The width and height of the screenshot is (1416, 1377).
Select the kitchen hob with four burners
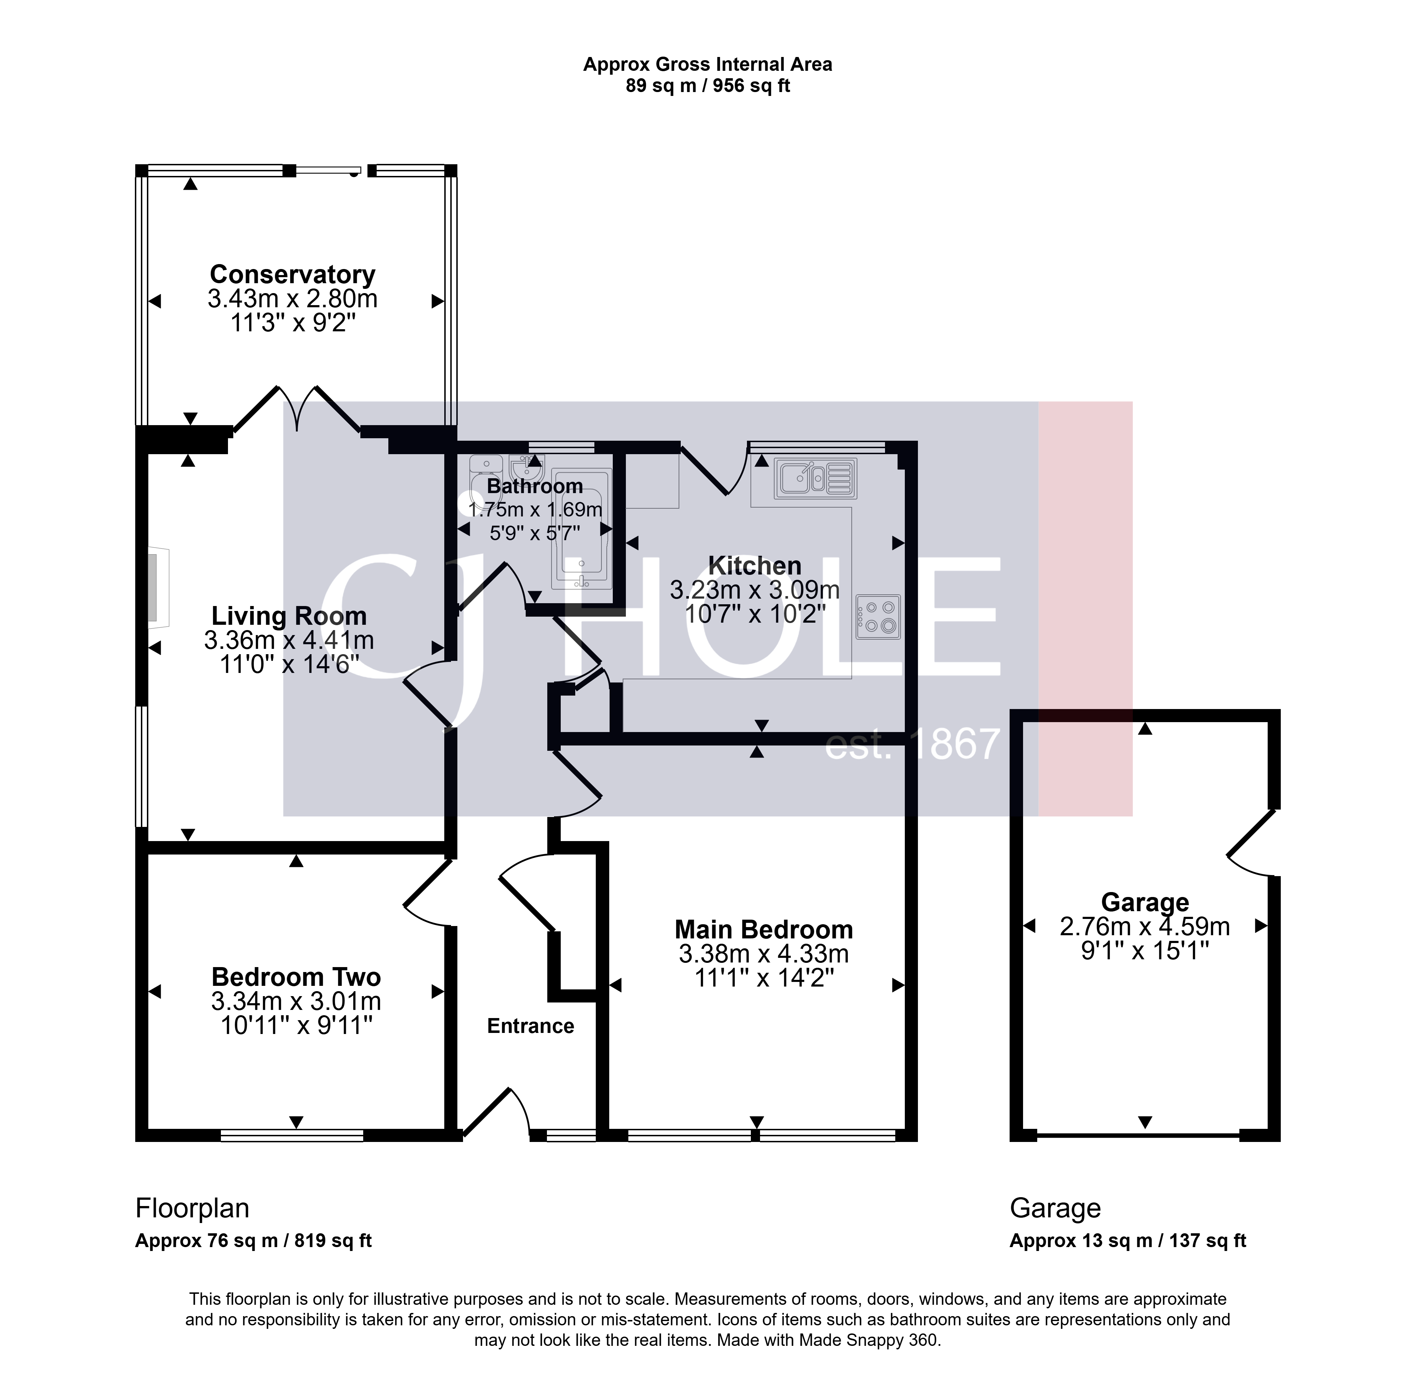point(879,617)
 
